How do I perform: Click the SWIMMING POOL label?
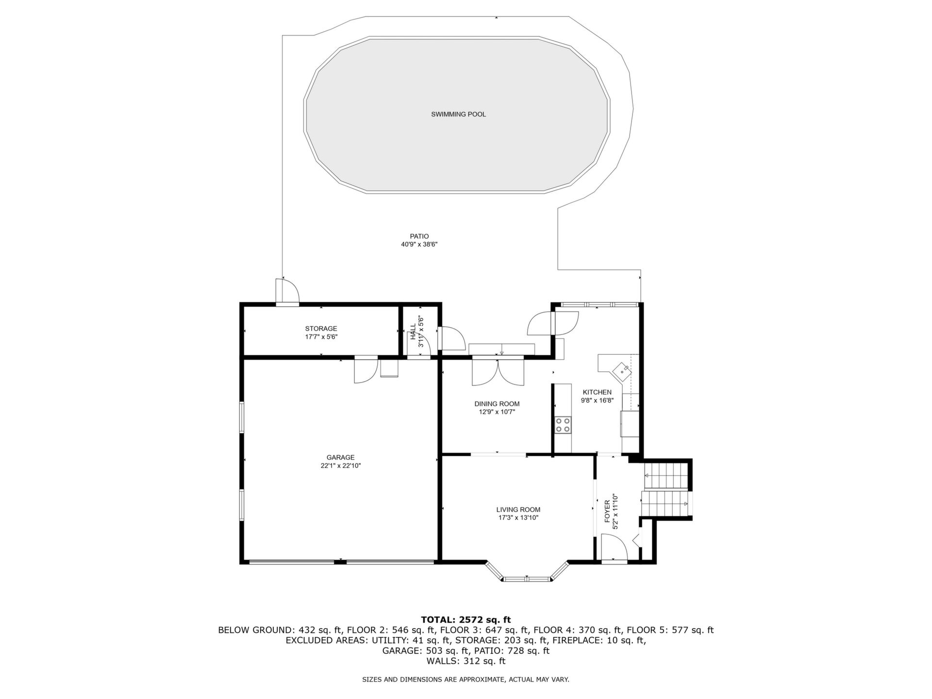click(x=458, y=115)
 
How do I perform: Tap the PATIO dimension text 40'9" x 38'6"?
click(x=419, y=245)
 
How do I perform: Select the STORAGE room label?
click(x=321, y=329)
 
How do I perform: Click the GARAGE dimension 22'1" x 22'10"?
click(x=340, y=466)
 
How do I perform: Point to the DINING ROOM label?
click(x=497, y=404)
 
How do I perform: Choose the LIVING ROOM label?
click(x=518, y=510)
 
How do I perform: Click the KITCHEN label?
click(x=597, y=392)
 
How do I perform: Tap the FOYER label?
click(x=607, y=511)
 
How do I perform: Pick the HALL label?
click(x=413, y=332)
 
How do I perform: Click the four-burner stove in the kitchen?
click(x=563, y=425)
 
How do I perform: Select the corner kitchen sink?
click(x=622, y=371)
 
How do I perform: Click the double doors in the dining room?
click(x=499, y=371)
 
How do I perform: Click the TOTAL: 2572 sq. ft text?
click(x=466, y=620)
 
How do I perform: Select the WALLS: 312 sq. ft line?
click(x=466, y=661)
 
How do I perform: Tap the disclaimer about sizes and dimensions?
click(x=466, y=680)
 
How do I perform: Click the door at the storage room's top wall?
click(x=287, y=292)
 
